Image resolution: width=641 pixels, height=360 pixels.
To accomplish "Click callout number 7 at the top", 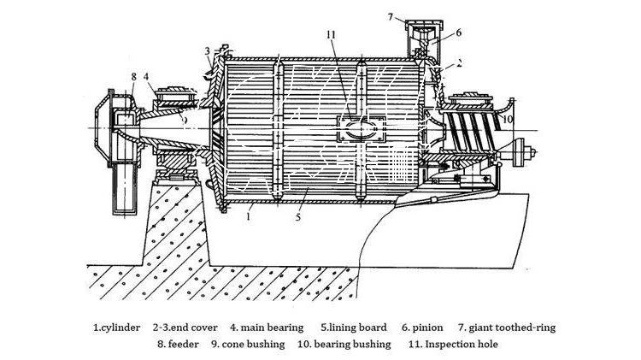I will point(390,16).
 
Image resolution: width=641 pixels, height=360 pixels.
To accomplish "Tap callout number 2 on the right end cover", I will point(459,62).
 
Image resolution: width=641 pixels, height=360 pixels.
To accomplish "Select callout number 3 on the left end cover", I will point(207,52).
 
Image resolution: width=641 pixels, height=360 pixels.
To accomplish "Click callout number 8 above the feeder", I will point(133,77).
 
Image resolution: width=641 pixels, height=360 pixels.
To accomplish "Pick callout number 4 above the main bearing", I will point(147,77).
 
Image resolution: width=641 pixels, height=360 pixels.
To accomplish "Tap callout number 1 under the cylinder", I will point(247,219).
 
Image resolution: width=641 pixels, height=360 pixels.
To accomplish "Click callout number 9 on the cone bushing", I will point(181,120).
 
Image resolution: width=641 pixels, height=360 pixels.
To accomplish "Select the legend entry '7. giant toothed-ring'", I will point(503,327).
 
